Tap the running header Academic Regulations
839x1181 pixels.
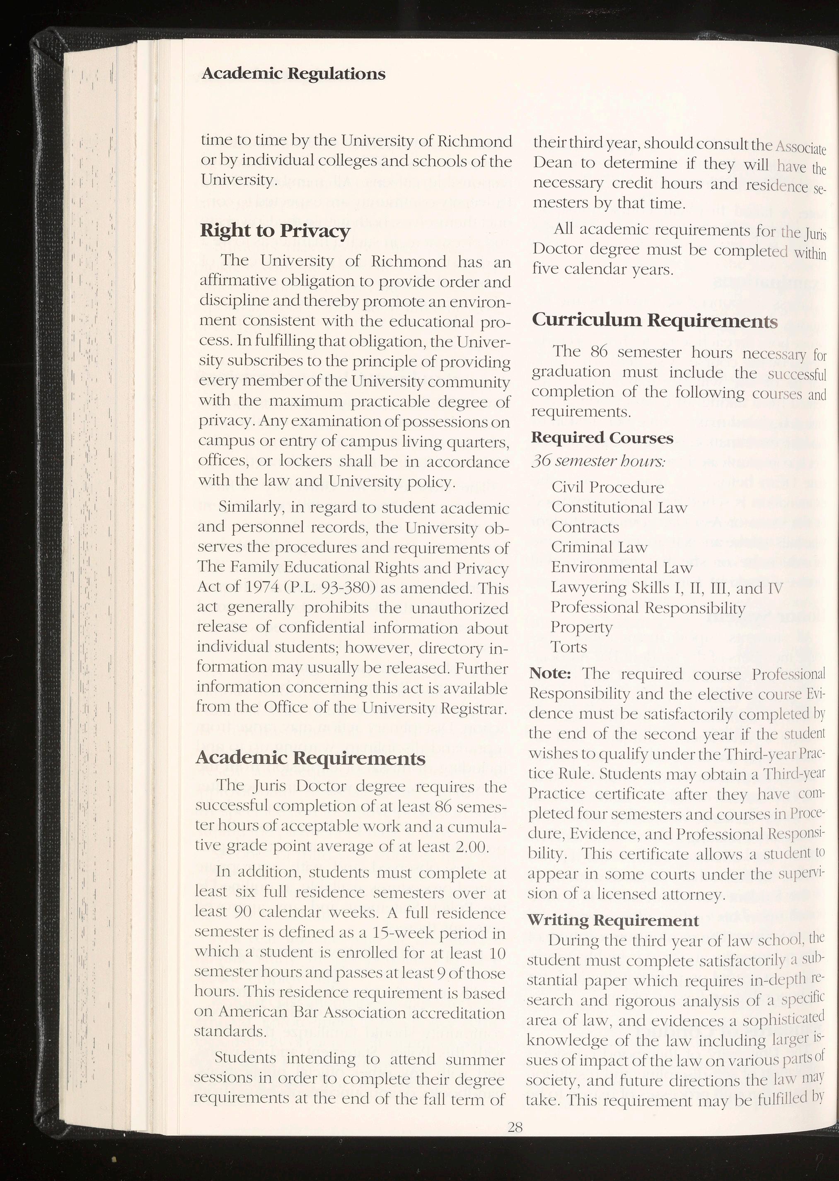pos(293,73)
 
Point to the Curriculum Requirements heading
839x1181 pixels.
pos(654,320)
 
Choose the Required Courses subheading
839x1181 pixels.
pos(602,438)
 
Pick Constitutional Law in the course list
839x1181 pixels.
pos(619,507)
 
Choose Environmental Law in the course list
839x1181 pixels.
pos(621,567)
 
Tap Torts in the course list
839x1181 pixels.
pos(569,647)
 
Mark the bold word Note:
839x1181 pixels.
pos(550,674)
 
